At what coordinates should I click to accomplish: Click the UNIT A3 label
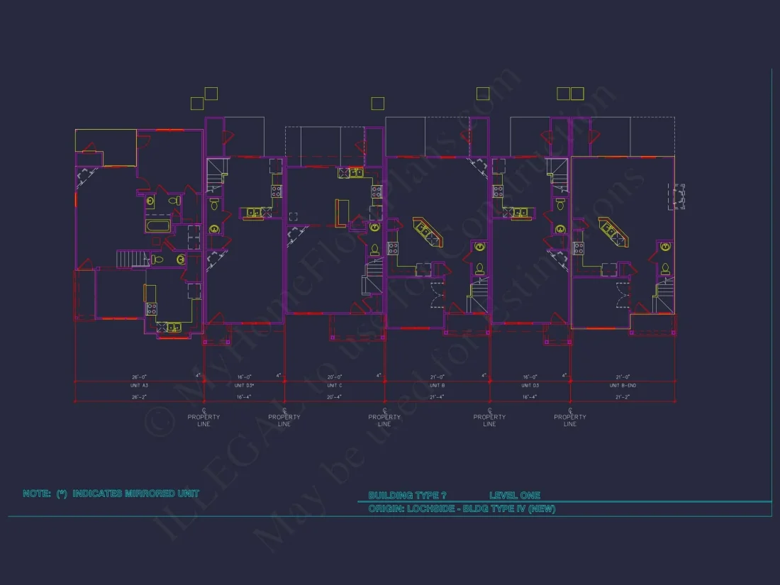140,385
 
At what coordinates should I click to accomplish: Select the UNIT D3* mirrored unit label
244,385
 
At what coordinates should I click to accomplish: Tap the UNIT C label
335,385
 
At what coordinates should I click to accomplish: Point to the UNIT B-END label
623,385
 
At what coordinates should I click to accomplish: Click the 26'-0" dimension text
140,377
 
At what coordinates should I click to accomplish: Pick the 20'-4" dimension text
335,397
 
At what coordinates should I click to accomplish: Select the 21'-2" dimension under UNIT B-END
623,397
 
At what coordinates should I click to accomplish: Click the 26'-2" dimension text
140,397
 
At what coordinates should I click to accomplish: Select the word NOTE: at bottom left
37,494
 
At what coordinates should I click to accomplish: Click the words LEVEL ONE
515,496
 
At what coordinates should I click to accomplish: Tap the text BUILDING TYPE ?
407,496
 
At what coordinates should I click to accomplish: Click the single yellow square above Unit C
379,103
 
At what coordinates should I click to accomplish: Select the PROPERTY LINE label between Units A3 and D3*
204,420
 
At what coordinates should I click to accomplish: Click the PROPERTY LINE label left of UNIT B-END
570,420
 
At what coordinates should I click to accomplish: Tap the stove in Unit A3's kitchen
151,308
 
